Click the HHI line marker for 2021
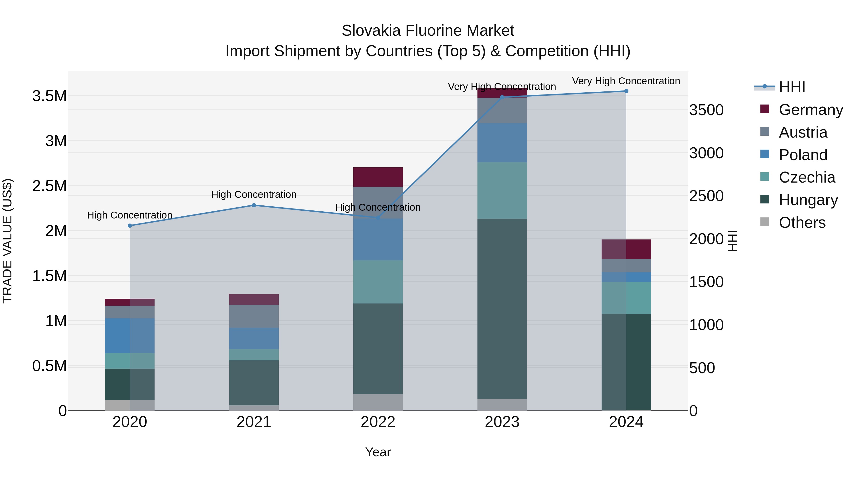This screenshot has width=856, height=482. click(254, 205)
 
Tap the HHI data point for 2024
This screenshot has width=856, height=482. click(626, 91)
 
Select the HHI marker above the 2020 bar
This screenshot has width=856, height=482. click(130, 226)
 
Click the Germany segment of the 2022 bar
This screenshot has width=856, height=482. click(378, 177)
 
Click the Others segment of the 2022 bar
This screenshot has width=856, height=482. click(378, 402)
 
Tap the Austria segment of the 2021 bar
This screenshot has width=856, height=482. click(254, 316)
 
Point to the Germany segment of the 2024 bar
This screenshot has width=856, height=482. click(626, 249)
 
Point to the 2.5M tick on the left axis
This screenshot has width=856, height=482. click(49, 186)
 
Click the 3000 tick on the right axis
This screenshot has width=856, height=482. click(706, 153)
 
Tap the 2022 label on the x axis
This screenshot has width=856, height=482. click(378, 422)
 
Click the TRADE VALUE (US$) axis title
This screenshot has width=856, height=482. click(7, 241)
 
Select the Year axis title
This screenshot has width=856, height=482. click(378, 452)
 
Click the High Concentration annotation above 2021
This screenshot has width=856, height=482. click(254, 195)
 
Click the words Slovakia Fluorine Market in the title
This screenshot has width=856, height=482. click(428, 31)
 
